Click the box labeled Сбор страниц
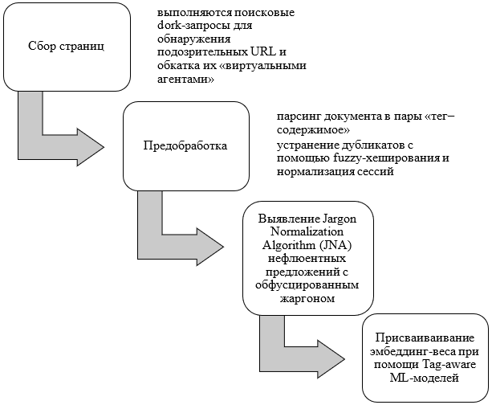(x=66, y=45)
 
